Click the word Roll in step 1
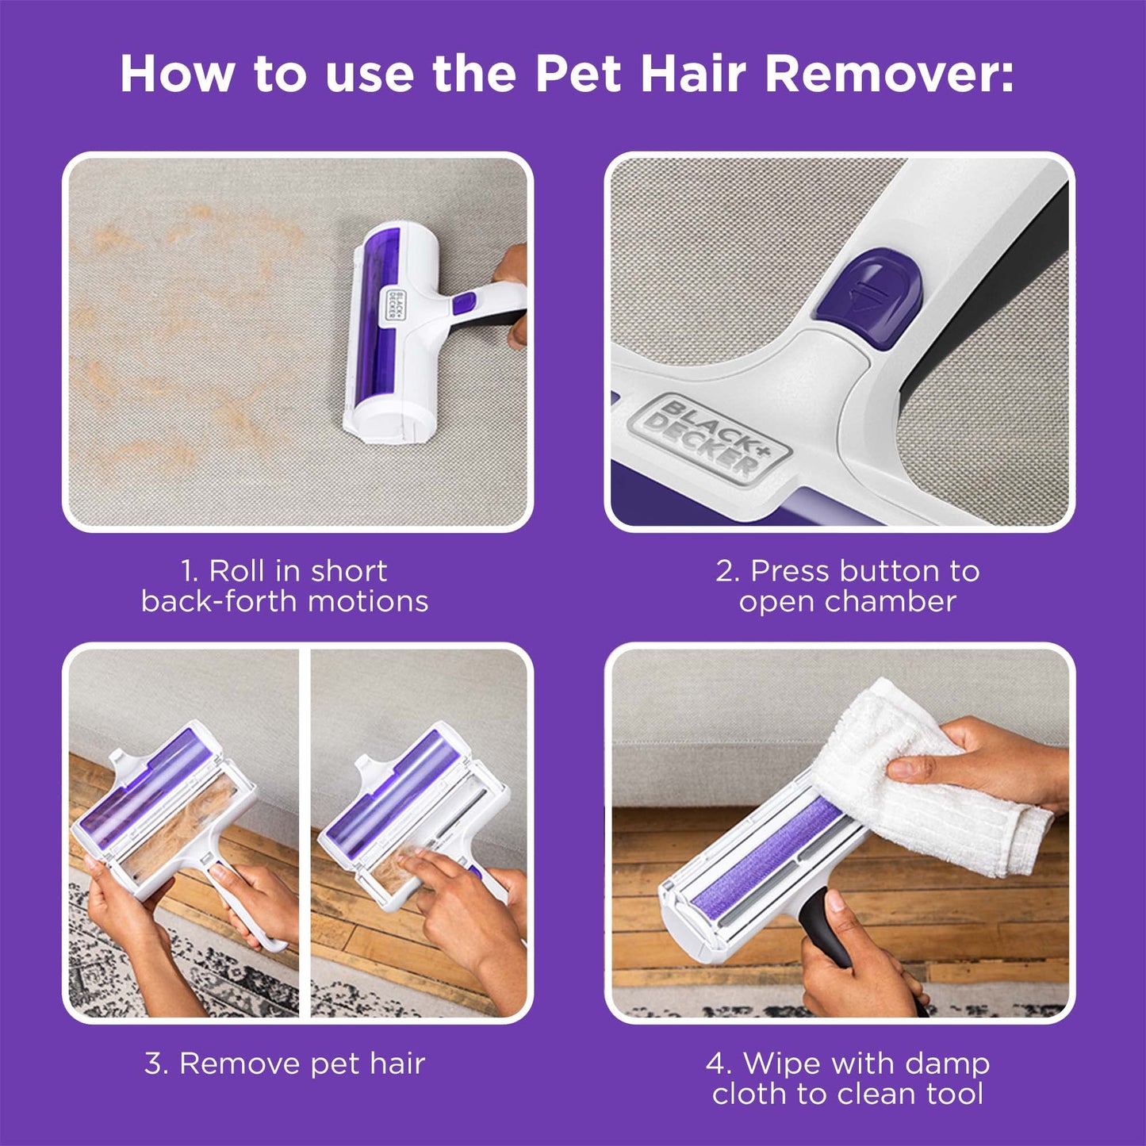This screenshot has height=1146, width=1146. [237, 571]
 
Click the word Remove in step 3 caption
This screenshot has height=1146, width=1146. [240, 1064]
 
